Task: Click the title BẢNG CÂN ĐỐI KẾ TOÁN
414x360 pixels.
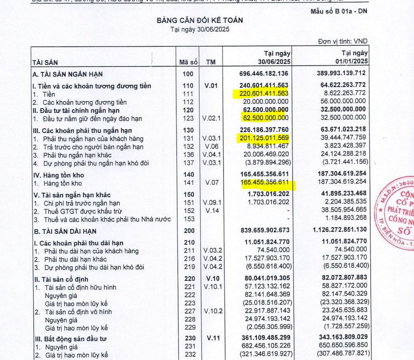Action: click(200, 20)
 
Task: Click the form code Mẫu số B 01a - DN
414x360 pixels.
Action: click(339, 11)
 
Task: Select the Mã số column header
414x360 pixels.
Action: click(189, 63)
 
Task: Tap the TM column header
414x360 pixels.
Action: click(211, 63)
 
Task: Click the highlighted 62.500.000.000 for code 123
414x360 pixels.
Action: click(264, 118)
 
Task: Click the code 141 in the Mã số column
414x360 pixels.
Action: click(188, 184)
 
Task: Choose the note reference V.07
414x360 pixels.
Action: click(211, 184)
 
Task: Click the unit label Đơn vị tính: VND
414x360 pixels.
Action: click(343, 42)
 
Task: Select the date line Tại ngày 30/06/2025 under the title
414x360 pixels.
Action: click(200, 30)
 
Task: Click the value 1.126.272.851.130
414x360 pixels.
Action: click(336, 231)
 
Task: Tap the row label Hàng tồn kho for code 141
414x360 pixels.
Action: click(62, 184)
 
